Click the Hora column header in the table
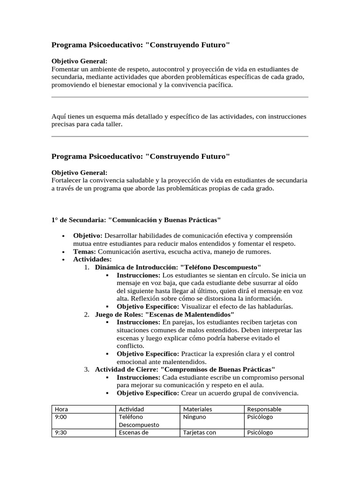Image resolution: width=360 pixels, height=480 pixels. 62,409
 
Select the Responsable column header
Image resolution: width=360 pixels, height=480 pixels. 264,409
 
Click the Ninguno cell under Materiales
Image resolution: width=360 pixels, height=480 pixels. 195,417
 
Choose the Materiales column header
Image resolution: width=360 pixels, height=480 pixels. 197,409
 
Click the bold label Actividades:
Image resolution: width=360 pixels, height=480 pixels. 92,259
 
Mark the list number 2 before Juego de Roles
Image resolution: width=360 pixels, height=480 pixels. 87,314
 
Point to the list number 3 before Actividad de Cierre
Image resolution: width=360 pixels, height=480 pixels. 87,369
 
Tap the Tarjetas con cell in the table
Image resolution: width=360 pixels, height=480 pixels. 200,433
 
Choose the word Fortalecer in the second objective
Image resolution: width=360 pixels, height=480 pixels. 66,180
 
